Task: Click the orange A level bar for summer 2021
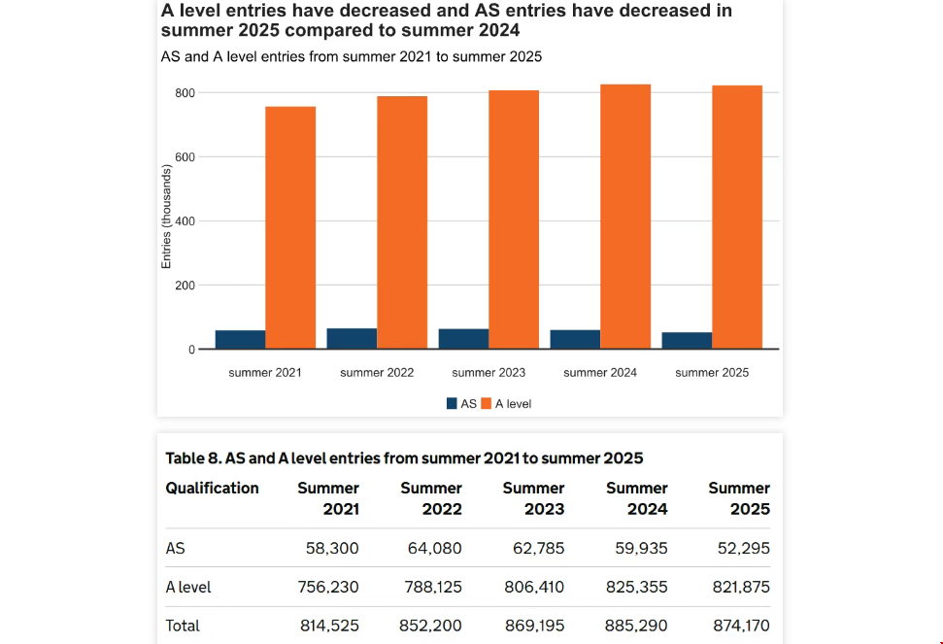(290, 227)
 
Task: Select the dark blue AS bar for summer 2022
(352, 338)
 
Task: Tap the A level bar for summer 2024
(625, 217)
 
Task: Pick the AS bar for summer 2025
(687, 340)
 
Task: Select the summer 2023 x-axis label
(488, 373)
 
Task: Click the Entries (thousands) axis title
(166, 217)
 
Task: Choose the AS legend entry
(461, 403)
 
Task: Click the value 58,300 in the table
(332, 549)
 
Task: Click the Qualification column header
(212, 488)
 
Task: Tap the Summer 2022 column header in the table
(431, 498)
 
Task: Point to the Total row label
(183, 626)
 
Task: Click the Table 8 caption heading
(404, 458)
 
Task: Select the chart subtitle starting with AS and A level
(351, 56)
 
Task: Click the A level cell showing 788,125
(434, 588)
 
